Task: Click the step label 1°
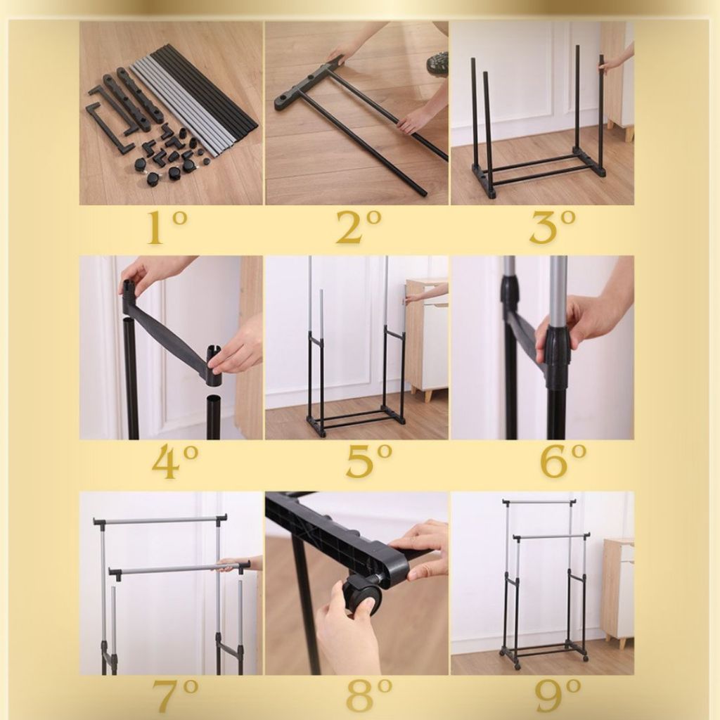click(167, 227)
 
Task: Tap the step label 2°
click(359, 227)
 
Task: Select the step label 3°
click(553, 227)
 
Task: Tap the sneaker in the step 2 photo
click(435, 65)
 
